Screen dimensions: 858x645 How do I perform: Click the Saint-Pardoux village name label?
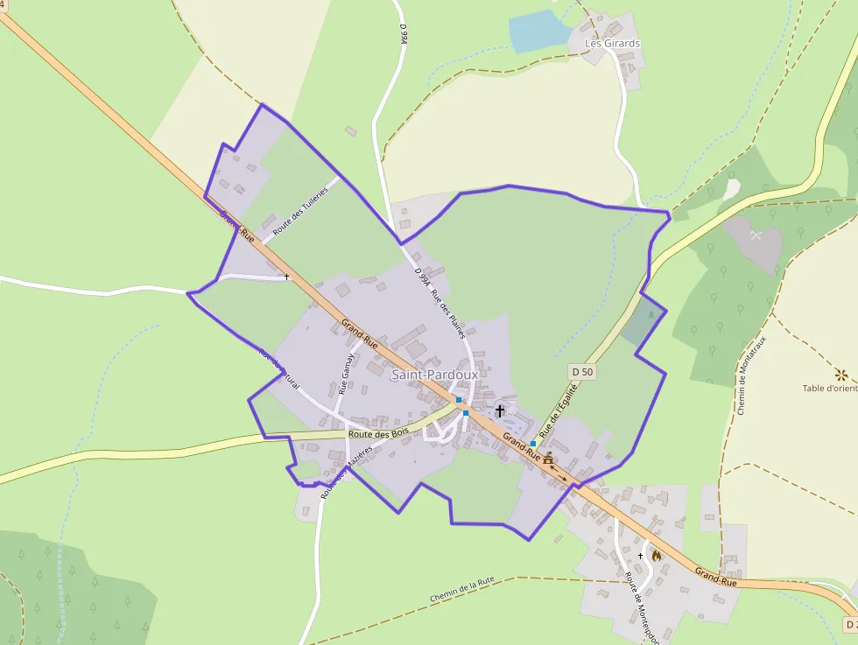[x=434, y=375]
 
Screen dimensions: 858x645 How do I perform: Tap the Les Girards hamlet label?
[x=612, y=43]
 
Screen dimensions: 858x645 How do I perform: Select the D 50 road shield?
[x=582, y=372]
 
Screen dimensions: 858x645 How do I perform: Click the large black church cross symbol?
[x=500, y=410]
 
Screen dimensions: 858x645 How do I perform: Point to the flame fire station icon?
[x=656, y=555]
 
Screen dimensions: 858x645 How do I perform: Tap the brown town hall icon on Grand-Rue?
[x=548, y=458]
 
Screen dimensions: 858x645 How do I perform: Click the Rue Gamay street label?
[x=347, y=374]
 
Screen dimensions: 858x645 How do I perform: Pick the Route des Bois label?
[x=378, y=432]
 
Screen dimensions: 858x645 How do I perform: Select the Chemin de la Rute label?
[x=462, y=591]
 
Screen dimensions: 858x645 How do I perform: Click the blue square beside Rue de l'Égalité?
[x=532, y=444]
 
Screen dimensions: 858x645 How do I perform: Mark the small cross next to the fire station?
[x=641, y=556]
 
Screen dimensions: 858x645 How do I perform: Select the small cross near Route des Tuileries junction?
[x=286, y=277]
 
